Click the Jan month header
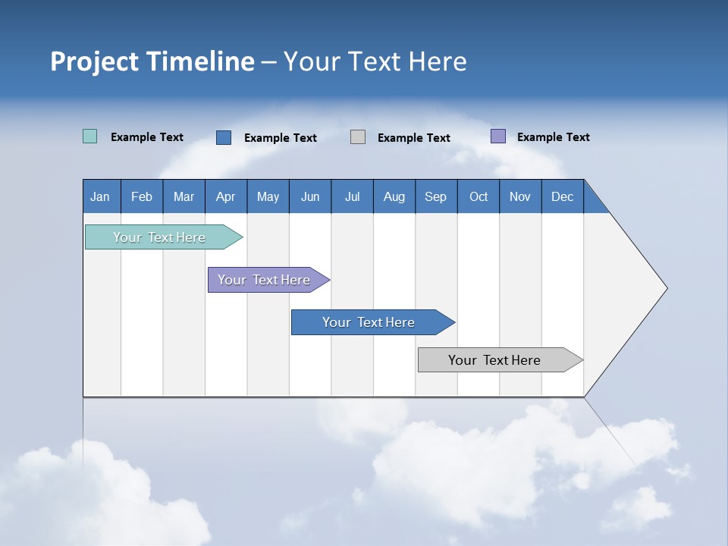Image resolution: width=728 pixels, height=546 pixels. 101,196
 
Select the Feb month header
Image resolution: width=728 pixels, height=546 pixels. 142,196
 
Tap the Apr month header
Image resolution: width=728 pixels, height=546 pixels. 226,196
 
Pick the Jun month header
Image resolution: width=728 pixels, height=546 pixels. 310,196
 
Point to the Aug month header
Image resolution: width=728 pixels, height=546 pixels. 394,196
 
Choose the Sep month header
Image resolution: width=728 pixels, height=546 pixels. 436,196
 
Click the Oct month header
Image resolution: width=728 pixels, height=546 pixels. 479,196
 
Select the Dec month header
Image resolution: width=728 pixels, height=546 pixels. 563,196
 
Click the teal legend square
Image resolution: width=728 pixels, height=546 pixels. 89,136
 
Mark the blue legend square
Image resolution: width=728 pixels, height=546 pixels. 224,137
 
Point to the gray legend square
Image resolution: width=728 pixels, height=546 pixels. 358,137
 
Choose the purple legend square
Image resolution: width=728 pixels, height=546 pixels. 498,136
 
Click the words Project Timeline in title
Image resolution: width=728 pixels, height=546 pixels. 152,61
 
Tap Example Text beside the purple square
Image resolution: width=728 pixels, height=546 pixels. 553,137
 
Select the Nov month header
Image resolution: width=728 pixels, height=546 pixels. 520,196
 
